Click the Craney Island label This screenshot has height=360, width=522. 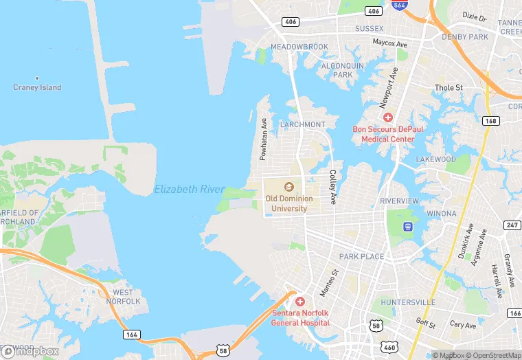[x=37, y=87]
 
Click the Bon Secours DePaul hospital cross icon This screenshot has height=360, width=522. [x=388, y=117]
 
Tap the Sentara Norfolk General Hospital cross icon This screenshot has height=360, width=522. [x=300, y=302]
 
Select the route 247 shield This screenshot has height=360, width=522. [x=512, y=225]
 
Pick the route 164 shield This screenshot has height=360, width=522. [x=132, y=334]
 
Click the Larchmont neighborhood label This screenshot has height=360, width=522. [x=303, y=124]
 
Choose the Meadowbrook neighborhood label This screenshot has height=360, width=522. [x=299, y=47]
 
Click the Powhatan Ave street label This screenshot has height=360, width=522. [x=263, y=139]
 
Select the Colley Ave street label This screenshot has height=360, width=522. [x=332, y=187]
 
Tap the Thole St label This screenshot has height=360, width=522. [x=449, y=88]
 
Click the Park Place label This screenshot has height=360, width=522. [x=362, y=256]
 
